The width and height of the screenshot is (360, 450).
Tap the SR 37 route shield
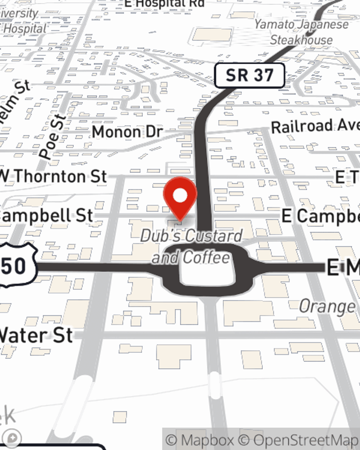point(249,76)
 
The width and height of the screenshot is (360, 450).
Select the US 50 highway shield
point(16,266)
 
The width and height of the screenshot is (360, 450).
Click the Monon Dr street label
point(127,132)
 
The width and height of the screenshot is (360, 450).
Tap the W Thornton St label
point(54,176)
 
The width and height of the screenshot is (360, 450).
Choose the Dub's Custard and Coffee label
point(191,247)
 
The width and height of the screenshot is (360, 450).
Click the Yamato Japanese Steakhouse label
point(302,32)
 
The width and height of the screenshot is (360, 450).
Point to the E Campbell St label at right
point(320,216)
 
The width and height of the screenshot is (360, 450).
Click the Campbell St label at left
point(47,216)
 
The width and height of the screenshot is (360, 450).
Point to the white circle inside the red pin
point(180,196)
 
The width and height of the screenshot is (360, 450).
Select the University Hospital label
point(22,22)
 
